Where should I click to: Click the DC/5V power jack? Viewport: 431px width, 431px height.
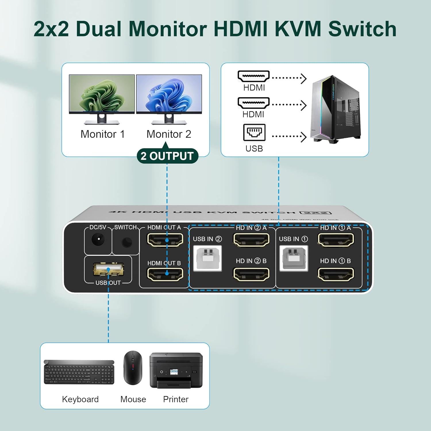98,240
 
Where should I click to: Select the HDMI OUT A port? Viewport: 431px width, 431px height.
165,240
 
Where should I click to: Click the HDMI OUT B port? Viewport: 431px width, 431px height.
165,274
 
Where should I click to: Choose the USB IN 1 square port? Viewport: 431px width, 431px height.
293,258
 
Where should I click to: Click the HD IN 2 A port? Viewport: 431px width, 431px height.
251,240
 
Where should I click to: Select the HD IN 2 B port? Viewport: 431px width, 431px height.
251,274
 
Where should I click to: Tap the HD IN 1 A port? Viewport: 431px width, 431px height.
335,240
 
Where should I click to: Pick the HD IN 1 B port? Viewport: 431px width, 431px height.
335,274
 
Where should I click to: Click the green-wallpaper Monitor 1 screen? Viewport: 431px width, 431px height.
102,93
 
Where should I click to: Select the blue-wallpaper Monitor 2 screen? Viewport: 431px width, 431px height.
169,93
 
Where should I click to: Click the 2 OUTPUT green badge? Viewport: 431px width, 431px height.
167,156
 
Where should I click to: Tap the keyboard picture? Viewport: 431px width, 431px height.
79,372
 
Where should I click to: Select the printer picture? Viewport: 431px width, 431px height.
176,370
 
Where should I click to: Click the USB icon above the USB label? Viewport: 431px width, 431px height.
254,132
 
